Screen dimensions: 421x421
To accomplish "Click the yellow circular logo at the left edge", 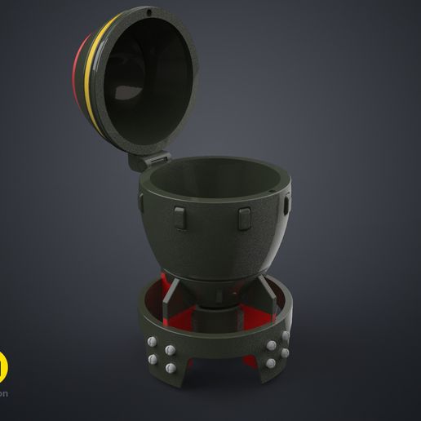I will pyautogui.click(x=3, y=342).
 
